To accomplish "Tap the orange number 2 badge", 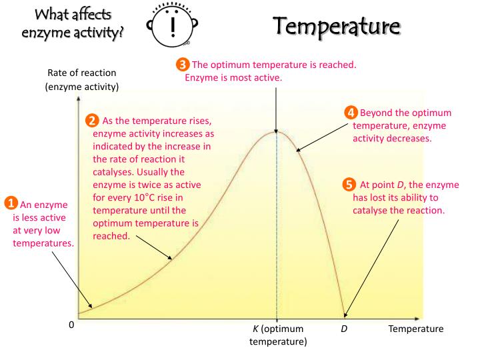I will (93, 121).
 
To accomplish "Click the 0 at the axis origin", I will (71, 329).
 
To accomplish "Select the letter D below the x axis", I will (344, 329).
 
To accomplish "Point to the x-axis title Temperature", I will (415, 329).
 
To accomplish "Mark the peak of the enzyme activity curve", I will (277, 131).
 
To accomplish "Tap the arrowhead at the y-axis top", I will (78, 99).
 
